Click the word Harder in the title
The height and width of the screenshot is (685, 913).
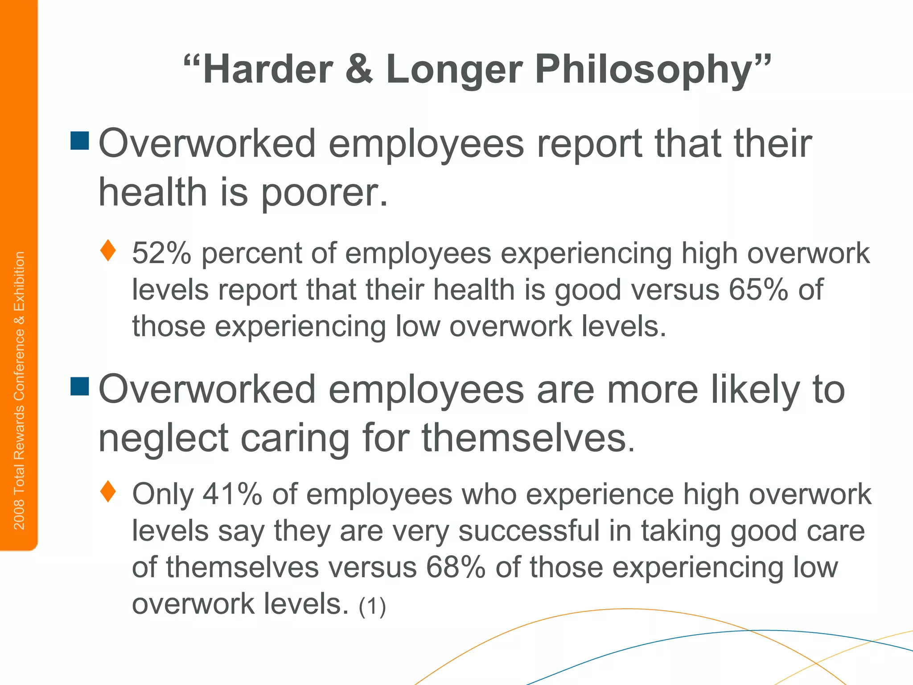tap(267, 70)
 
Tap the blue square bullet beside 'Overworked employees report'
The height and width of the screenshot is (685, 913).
tap(80, 140)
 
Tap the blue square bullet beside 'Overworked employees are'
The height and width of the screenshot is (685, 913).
tap(80, 386)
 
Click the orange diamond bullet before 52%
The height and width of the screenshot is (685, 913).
tap(108, 251)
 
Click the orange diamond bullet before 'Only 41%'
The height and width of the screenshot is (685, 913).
tap(108, 491)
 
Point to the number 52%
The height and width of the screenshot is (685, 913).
tap(161, 253)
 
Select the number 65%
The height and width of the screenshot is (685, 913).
tap(758, 290)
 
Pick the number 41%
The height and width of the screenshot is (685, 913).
tap(232, 494)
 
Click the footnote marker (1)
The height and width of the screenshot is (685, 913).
tap(372, 606)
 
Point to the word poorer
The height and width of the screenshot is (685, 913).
tap(324, 193)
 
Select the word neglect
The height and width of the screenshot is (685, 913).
tap(163, 438)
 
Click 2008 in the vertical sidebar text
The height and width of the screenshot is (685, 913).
tap(19, 515)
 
